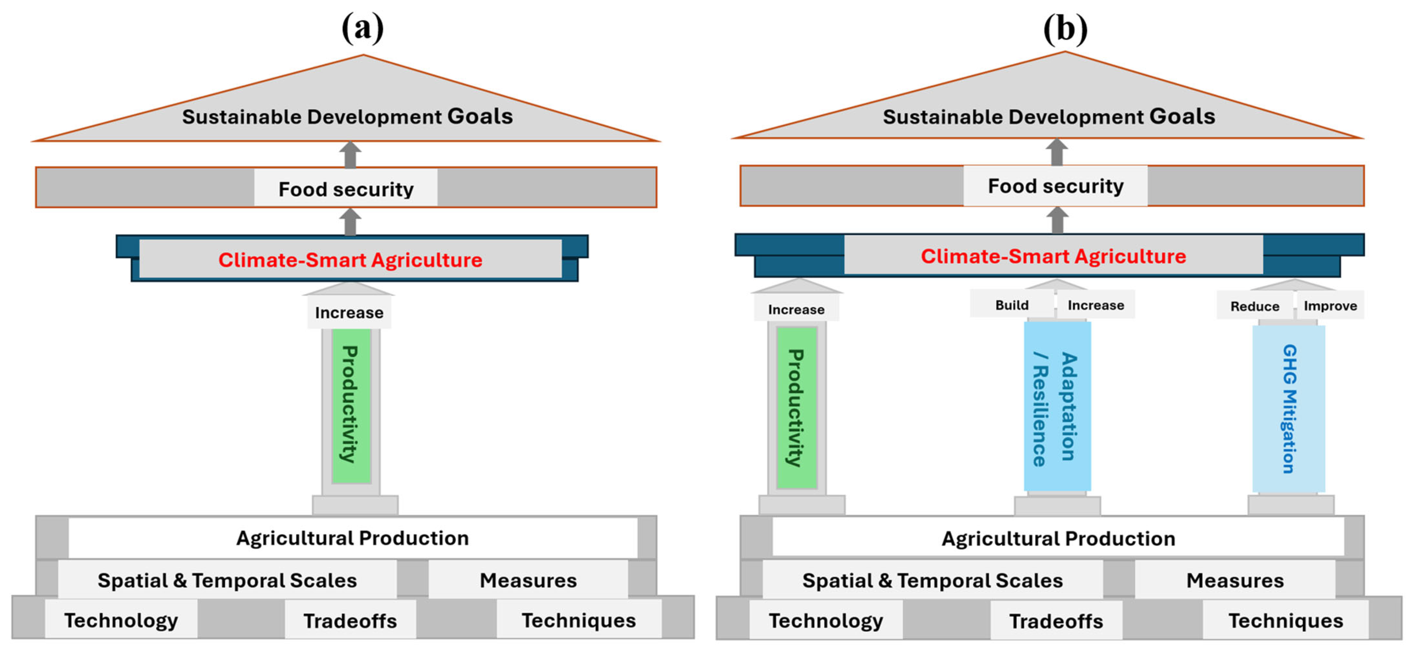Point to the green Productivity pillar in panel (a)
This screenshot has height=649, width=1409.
[351, 405]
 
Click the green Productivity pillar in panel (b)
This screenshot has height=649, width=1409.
[797, 407]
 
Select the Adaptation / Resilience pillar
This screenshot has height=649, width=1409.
[1057, 407]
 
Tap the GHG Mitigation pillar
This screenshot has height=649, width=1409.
[1289, 409]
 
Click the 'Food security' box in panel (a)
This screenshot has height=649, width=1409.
[346, 189]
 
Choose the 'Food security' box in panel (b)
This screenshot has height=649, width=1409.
[1055, 186]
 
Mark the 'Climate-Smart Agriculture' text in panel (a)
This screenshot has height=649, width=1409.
[350, 260]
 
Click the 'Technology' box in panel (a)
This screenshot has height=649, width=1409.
[121, 620]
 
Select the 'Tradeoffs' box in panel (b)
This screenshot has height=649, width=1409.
[1056, 620]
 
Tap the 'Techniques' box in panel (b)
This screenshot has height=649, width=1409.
[1285, 620]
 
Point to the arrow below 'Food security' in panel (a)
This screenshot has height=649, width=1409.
[350, 222]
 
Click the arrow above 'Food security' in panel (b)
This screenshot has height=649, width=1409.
[1057, 152]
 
